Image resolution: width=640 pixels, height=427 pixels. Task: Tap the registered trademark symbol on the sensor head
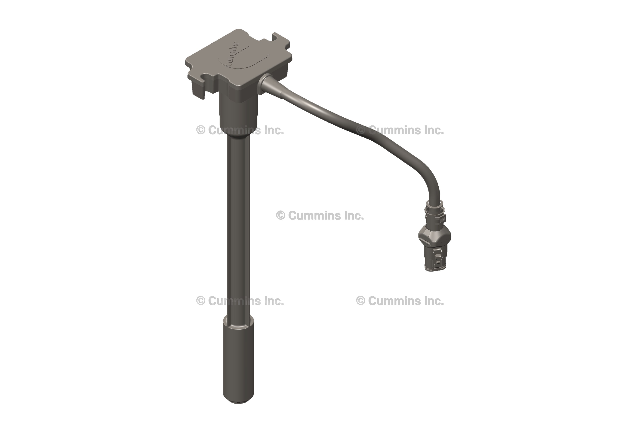coord(269,55)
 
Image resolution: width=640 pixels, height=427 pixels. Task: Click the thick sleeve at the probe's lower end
coord(238,359)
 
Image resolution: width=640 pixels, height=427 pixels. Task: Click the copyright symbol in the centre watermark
coord(281,215)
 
